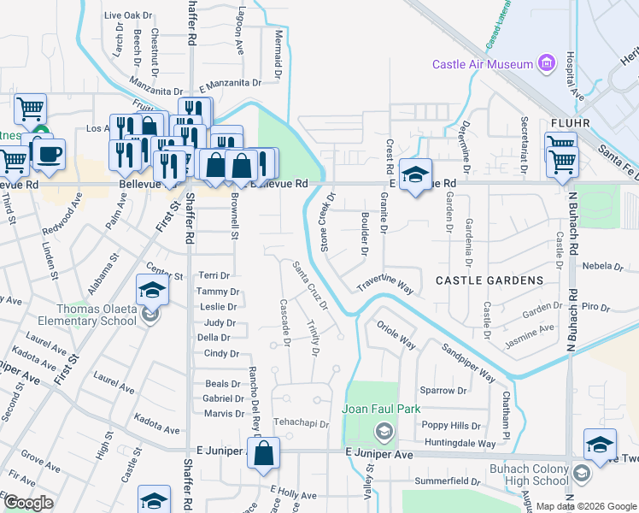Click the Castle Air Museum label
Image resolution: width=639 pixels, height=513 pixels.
pos(482,64)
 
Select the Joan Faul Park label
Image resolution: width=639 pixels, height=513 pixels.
pos(381,410)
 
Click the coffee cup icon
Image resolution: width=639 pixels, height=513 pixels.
pos(49,154)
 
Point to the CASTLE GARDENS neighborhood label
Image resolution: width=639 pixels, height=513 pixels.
pos(490,280)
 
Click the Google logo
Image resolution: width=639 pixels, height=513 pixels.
pos(28,503)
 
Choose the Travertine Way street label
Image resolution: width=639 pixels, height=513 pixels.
pos(384,284)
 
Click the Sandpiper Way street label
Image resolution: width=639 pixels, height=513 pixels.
pos(468,362)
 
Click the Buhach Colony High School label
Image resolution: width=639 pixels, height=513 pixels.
pos(530,475)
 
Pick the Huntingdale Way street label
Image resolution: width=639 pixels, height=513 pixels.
pos(459,444)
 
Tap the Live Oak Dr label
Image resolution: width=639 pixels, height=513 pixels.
pos(127,15)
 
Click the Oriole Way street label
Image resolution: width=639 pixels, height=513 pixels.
pos(396,334)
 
